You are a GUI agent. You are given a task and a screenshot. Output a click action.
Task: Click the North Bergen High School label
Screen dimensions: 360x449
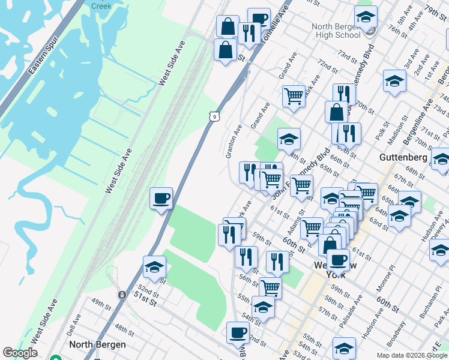[336, 31]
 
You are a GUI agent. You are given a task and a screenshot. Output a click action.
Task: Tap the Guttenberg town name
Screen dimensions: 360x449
[403, 157]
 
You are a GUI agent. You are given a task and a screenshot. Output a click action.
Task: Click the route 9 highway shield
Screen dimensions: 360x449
[213, 116]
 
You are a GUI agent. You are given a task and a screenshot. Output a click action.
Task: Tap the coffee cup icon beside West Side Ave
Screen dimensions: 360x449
[161, 199]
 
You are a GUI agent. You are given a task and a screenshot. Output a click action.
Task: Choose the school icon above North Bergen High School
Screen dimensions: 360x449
[365, 18]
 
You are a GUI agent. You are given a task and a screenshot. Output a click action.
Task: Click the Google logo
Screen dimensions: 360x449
[20, 353]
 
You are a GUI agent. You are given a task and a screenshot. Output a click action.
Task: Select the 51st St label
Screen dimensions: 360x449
[145, 300]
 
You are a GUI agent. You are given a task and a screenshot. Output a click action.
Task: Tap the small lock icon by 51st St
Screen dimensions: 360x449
[121, 295]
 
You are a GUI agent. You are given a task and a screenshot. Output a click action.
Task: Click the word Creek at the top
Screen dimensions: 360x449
[101, 6]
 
